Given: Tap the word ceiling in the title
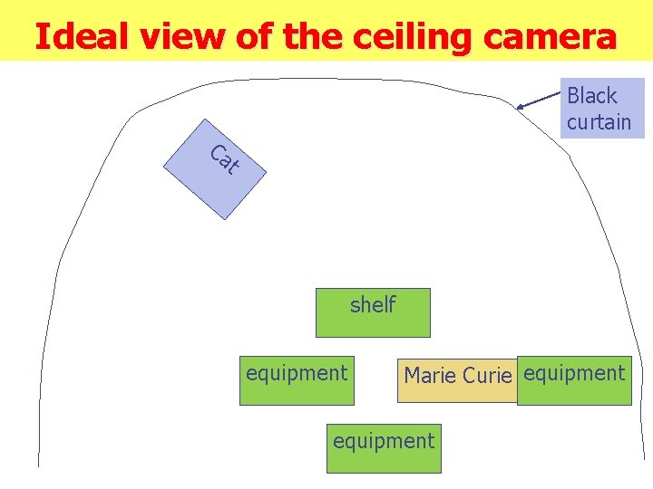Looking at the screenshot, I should [x=414, y=36].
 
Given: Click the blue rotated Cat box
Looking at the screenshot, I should [x=215, y=169].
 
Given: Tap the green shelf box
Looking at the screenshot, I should [x=372, y=312].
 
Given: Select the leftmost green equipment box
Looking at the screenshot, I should [x=297, y=379].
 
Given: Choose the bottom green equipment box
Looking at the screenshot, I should [x=384, y=448].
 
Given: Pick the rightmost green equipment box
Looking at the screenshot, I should [x=574, y=380].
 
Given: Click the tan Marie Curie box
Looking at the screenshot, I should [x=457, y=379].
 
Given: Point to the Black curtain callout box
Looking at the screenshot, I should [x=602, y=108].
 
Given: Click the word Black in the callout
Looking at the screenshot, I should [x=591, y=96].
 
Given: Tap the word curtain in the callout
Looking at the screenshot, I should [x=599, y=121].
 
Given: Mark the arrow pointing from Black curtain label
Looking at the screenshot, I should [x=541, y=99].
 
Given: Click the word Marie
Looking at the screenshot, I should [x=430, y=375].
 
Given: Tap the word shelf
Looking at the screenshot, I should [x=373, y=304].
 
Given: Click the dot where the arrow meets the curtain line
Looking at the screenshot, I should [x=520, y=108].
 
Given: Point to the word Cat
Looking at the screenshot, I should [x=224, y=160].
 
